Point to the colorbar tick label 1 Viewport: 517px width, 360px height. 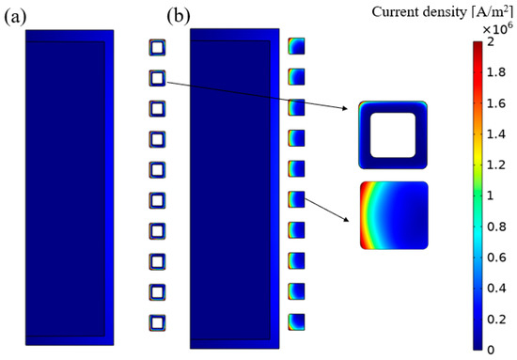(493, 195)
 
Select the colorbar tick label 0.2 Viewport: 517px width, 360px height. (499, 318)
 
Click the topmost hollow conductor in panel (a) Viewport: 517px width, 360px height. (157, 48)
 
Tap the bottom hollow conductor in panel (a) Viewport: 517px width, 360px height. (157, 322)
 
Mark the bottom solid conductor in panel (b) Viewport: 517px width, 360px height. (297, 321)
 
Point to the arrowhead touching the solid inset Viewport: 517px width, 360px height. (353, 222)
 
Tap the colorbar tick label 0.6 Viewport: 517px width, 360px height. (499, 257)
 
